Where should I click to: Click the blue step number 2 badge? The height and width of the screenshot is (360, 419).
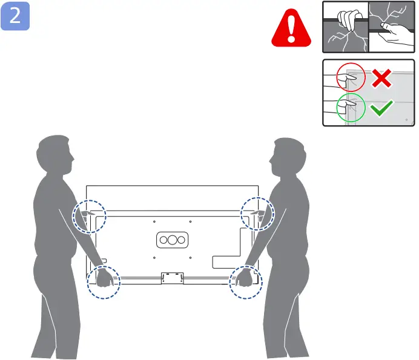15,16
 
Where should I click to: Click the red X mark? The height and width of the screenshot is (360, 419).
381,78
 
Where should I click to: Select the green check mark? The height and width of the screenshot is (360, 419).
382,108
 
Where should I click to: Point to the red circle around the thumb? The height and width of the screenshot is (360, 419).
352,77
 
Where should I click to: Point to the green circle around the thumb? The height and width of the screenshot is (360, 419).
352,108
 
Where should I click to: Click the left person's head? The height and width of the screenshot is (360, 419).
56,155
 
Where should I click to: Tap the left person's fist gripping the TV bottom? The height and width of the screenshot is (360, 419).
102,279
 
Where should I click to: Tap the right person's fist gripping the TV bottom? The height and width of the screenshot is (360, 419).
245,279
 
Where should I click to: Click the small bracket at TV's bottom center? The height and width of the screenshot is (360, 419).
173,278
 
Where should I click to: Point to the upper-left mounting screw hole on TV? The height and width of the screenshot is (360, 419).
155,221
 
